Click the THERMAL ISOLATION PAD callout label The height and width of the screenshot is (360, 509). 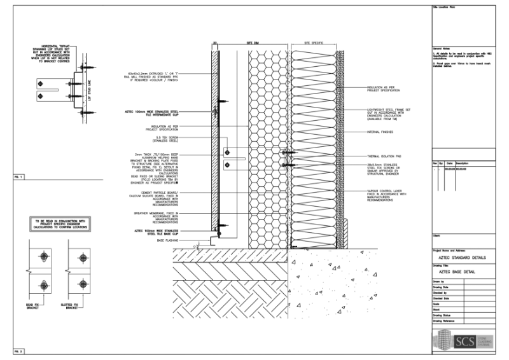coord(386,156)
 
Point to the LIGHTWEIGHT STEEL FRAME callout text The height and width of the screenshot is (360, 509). coord(388,114)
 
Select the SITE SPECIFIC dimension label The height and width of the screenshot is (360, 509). coord(314,43)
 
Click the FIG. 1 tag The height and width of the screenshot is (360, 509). coord(17,175)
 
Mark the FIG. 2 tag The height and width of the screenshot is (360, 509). coord(17,351)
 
